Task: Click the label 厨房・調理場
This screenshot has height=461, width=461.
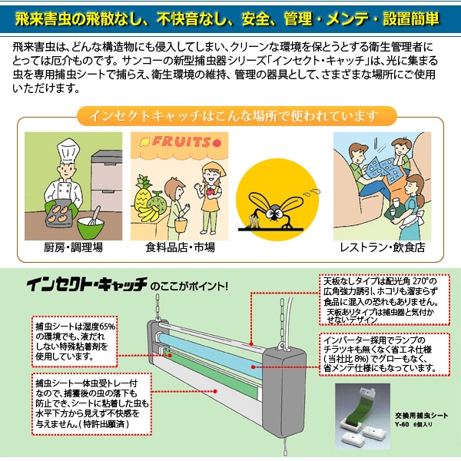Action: click(x=74, y=248)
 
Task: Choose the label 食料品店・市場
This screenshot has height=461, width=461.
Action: click(x=180, y=248)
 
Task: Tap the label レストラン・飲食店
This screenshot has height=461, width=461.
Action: click(x=382, y=248)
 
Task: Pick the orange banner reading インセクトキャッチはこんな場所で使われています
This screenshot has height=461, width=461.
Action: click(x=230, y=117)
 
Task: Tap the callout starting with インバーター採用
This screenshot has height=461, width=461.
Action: click(x=379, y=353)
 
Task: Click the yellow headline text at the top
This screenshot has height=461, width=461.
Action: click(x=230, y=16)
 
